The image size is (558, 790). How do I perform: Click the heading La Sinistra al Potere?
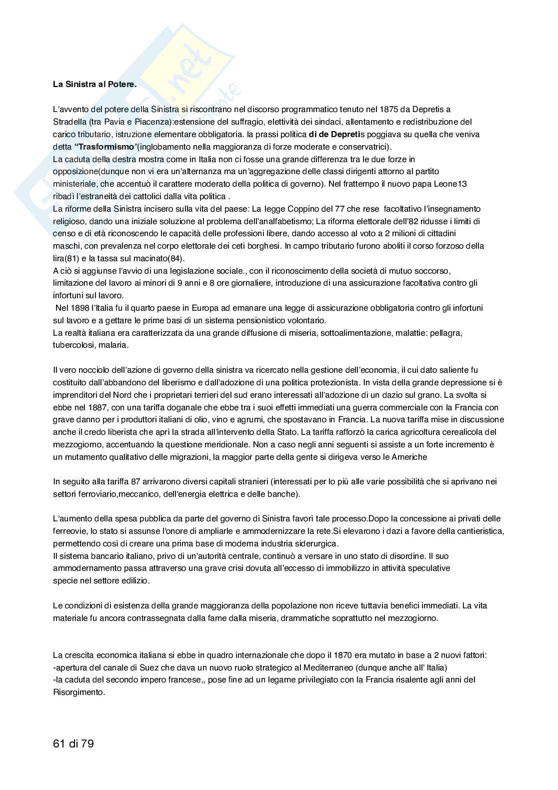[x=94, y=84]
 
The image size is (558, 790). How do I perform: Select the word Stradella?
[x=70, y=122]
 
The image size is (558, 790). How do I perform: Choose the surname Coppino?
[x=307, y=209]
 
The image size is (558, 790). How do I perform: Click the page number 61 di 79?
[x=73, y=744]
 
